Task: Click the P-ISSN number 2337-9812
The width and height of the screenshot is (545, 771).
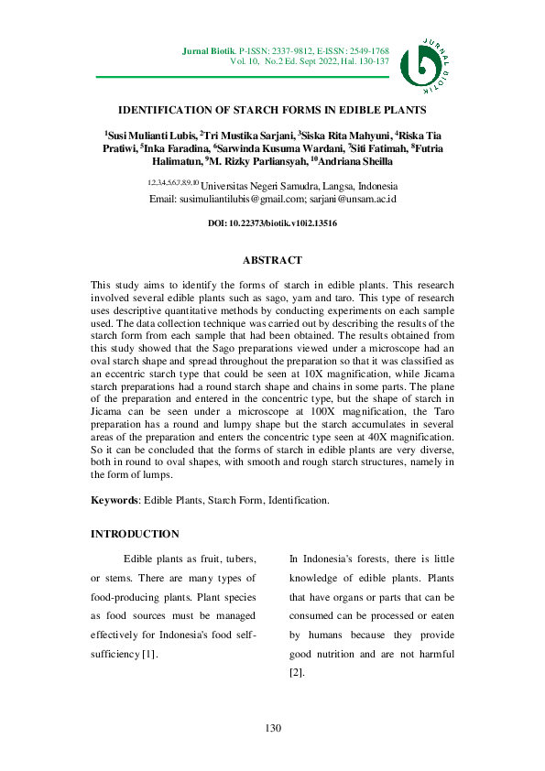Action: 290,50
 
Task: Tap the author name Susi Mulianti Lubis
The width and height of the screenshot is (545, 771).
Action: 152,135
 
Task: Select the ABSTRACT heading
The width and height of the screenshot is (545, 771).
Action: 272,261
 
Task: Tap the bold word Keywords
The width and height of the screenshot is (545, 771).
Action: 114,501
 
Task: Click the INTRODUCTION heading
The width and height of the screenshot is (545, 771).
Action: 135,534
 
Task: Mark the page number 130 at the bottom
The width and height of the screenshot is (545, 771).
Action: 272,728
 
